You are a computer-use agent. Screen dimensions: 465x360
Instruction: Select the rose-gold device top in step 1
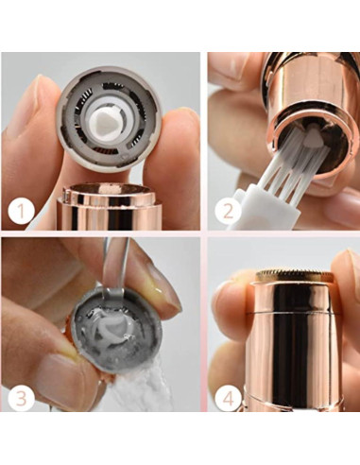104,203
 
